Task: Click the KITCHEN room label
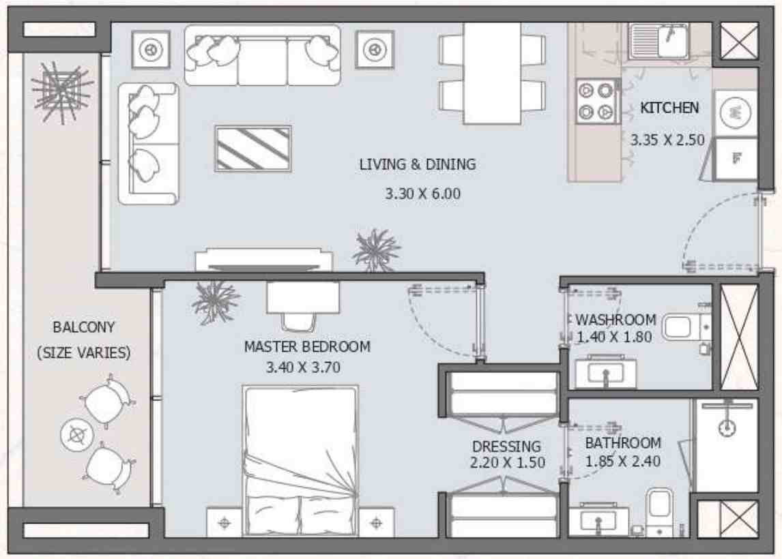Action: [x=669, y=108]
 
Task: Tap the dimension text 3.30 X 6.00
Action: [x=422, y=194]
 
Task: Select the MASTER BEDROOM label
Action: [x=307, y=346]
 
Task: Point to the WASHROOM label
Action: [x=616, y=320]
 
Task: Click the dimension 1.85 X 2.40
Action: [x=622, y=460]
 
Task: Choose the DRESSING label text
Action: [x=506, y=447]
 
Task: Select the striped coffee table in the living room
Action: [x=253, y=148]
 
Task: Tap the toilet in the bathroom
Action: [x=660, y=508]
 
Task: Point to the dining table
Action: [x=492, y=73]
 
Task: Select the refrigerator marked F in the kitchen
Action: [x=736, y=159]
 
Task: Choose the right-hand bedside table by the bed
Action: [x=376, y=523]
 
